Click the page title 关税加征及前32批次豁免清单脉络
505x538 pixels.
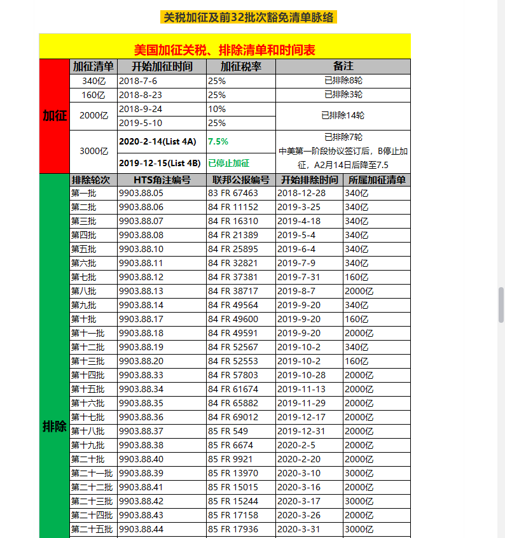pyautogui.click(x=249, y=17)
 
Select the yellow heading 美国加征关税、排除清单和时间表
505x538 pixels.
pyautogui.click(x=225, y=50)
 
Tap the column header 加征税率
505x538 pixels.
pyautogui.click(x=240, y=66)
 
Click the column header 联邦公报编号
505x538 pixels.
pyautogui.click(x=241, y=180)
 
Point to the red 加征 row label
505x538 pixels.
pyautogui.click(x=55, y=116)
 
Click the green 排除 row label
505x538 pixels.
pyautogui.click(x=55, y=427)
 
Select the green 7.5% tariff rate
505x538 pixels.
pyautogui.click(x=218, y=141)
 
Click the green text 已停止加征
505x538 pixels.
pyautogui.click(x=229, y=163)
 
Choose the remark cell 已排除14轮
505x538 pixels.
pyautogui.click(x=343, y=116)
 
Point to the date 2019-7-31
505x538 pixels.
pyautogui.click(x=301, y=277)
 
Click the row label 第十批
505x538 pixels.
pyautogui.click(x=83, y=319)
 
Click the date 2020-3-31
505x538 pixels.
pyautogui.click(x=301, y=529)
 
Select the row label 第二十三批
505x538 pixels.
pyautogui.click(x=92, y=501)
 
